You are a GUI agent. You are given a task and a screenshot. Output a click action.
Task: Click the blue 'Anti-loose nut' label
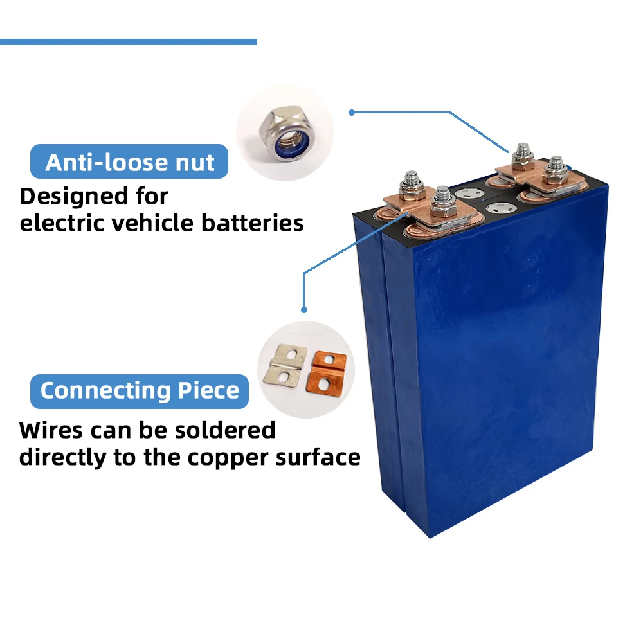tap(129, 161)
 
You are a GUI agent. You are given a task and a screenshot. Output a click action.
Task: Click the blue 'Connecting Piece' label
tap(140, 391)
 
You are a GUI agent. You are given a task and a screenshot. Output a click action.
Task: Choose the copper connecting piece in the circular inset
tap(328, 370)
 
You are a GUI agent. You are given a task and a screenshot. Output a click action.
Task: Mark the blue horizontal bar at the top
tap(129, 42)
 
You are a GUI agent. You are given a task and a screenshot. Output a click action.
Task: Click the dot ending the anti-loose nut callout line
tap(352, 113)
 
